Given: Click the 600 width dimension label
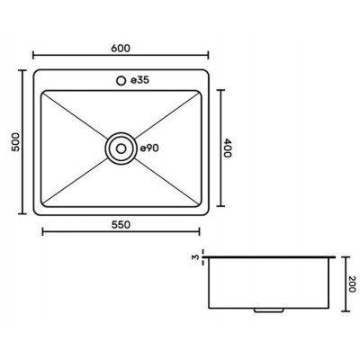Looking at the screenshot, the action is click(x=121, y=48).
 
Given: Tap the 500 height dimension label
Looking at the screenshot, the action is click(x=15, y=142).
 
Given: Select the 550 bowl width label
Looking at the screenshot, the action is click(x=121, y=225).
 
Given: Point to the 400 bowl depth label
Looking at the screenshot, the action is click(x=228, y=148).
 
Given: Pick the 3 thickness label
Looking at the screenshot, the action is click(x=196, y=257).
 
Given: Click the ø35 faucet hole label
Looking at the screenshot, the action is click(x=140, y=80).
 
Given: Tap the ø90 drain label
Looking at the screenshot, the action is click(x=149, y=148).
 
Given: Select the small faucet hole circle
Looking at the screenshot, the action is click(x=121, y=81).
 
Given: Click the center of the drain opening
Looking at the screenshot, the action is click(x=121, y=148).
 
